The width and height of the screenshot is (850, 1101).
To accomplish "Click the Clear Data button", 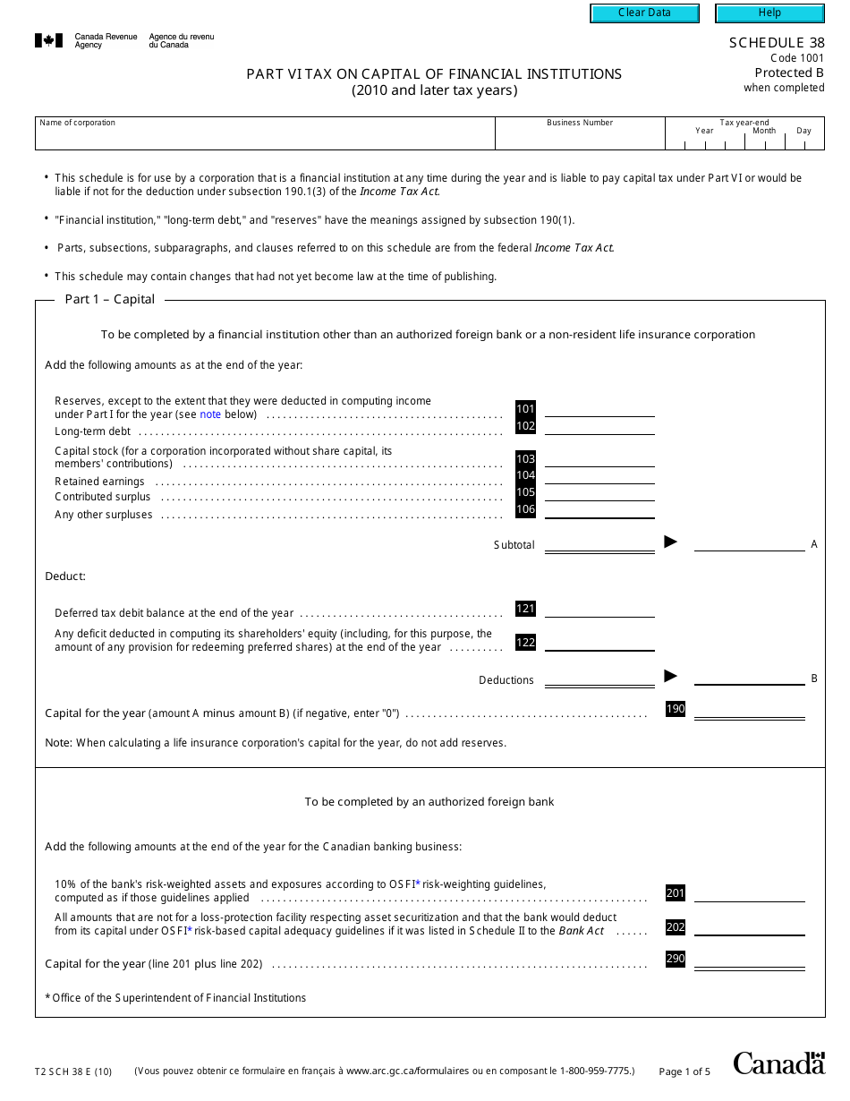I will coord(644,13).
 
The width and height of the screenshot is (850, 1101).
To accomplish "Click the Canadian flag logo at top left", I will coord(48,40).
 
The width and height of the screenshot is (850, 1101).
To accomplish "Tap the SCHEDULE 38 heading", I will coord(776,42).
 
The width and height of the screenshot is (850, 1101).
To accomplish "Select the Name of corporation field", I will coord(265,136).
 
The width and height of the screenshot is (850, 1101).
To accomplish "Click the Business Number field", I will coord(580,136).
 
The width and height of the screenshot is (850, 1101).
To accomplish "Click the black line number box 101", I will coord(525,409).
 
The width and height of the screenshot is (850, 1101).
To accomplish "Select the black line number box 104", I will coord(525,475).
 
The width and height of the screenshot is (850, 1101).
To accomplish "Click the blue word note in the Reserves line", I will coord(209,414).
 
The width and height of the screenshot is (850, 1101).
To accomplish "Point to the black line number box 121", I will coord(525,609).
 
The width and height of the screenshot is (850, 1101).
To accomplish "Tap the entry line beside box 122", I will coord(599,644).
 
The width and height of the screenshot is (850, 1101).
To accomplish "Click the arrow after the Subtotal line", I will coord(670,542).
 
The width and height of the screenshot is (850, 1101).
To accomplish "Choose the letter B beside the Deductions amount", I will coord(814,679).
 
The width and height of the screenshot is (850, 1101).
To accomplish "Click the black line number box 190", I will coord(676,709).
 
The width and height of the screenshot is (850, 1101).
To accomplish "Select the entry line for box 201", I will coord(749,893).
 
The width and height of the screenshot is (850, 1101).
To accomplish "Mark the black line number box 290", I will coord(676,960).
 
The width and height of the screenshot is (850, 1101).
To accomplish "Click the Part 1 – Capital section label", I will coord(110,300).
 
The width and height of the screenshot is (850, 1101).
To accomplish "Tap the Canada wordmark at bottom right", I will coord(778,1063).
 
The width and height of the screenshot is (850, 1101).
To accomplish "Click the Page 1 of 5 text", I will coord(684,1071).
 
